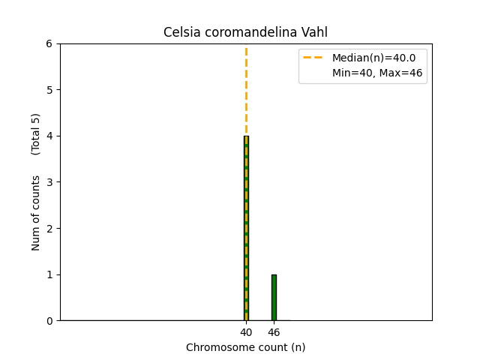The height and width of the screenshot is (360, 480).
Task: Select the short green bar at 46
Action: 274,298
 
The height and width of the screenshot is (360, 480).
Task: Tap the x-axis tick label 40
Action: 246,332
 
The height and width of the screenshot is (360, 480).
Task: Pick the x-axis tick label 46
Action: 274,332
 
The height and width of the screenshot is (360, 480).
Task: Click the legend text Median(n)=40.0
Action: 373,58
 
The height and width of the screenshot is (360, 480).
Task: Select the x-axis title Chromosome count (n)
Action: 246,347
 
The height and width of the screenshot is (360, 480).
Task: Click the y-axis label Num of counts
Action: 36,213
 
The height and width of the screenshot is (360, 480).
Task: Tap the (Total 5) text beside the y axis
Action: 36,134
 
